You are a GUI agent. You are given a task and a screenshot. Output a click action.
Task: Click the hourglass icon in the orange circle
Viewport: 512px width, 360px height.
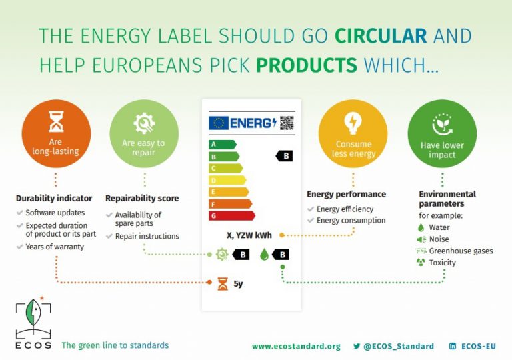pyautogui.click(x=56, y=121)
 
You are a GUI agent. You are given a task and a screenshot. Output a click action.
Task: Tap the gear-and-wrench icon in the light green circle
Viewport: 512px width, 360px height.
pyautogui.click(x=144, y=123)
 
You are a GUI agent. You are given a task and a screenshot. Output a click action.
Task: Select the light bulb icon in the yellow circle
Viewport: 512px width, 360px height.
pyautogui.click(x=353, y=123)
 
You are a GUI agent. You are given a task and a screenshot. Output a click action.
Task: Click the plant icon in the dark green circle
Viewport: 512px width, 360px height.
pyautogui.click(x=442, y=124)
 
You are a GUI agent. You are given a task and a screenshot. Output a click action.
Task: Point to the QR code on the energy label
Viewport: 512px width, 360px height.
pyautogui.click(x=287, y=123)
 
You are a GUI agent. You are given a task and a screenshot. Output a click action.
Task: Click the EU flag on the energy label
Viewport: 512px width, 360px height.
pyautogui.click(x=219, y=123)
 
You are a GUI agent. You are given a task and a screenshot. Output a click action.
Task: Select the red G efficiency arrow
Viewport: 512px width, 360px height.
pyautogui.click(x=232, y=215)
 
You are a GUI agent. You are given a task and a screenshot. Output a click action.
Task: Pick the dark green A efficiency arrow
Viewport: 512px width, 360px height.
pyautogui.click(x=223, y=145)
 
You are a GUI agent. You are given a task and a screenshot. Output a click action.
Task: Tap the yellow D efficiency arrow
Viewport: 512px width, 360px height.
pyautogui.click(x=227, y=180)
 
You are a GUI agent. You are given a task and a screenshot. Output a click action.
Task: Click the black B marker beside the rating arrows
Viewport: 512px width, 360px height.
pyautogui.click(x=284, y=156)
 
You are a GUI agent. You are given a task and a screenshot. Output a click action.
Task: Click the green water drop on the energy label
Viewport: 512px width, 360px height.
pyautogui.click(x=264, y=255)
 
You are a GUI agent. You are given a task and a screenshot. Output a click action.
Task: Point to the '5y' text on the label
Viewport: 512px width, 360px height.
pyautogui.click(x=238, y=283)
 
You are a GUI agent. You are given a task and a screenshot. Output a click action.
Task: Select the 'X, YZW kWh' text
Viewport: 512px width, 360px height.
pyautogui.click(x=249, y=235)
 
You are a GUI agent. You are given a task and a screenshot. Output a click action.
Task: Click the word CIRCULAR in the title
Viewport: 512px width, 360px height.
pyautogui.click(x=381, y=35)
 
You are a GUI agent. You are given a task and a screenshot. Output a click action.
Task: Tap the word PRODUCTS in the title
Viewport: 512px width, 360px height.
pyautogui.click(x=307, y=65)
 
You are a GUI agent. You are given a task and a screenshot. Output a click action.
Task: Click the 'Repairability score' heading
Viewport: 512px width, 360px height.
pyautogui.click(x=142, y=198)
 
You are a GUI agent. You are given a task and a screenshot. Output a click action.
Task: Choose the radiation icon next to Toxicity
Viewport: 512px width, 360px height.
pyautogui.click(x=421, y=262)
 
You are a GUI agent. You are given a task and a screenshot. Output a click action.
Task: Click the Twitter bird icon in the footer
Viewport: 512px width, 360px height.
pyautogui.click(x=357, y=346)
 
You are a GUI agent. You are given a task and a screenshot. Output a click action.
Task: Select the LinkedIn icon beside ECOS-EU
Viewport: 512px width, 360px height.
pyautogui.click(x=453, y=346)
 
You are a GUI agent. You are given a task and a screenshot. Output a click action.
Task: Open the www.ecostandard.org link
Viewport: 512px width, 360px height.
pyautogui.click(x=296, y=346)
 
